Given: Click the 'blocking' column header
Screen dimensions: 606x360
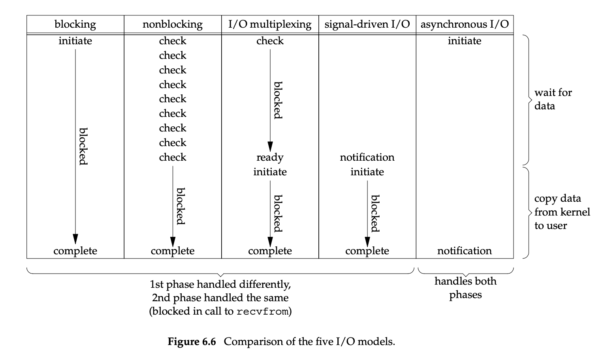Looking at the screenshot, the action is (75, 24).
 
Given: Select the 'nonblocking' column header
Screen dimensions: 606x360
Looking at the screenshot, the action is (173, 24).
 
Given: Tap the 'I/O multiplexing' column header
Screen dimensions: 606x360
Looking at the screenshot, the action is (270, 24).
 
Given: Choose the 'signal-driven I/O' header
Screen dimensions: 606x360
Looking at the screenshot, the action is (367, 24).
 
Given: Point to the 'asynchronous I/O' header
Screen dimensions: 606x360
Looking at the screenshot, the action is (465, 24).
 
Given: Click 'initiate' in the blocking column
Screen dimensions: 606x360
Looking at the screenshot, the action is (75, 41).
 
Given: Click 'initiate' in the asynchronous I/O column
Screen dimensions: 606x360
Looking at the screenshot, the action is (465, 41).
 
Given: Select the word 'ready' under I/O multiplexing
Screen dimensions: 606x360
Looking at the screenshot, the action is (270, 157).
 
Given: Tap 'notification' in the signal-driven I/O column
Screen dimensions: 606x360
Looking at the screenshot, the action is (367, 157).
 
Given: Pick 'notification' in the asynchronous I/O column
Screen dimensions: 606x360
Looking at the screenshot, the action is (465, 251).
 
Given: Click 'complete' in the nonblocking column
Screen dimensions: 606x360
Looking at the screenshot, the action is (173, 251).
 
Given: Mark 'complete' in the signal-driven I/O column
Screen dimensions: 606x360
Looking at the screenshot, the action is (367, 251).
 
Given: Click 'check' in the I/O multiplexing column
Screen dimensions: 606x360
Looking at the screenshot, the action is (270, 41).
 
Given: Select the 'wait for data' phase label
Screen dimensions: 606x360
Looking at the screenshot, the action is (553, 99).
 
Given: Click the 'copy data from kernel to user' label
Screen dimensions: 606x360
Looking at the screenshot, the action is (562, 212).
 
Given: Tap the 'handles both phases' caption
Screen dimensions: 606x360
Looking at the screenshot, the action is (466, 288).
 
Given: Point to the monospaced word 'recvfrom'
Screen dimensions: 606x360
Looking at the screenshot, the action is (262, 311).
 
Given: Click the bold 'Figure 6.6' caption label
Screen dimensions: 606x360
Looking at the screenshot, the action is (192, 341).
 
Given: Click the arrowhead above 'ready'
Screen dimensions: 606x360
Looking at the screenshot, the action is (270, 146).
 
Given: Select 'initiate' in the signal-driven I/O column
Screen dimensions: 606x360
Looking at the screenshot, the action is (367, 172).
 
